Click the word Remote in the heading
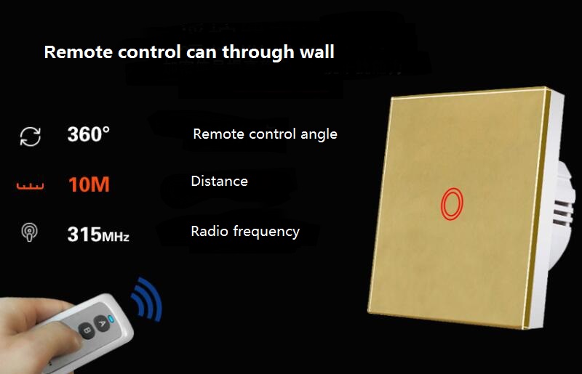tap(79, 52)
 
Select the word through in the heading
tap(258, 52)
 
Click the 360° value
tap(88, 134)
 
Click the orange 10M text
tap(89, 184)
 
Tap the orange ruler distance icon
tap(30, 187)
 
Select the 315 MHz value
tap(98, 235)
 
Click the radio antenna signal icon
tap(29, 232)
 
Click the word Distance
tap(220, 182)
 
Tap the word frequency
tap(266, 232)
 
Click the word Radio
tap(210, 231)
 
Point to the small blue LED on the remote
tap(110, 318)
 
